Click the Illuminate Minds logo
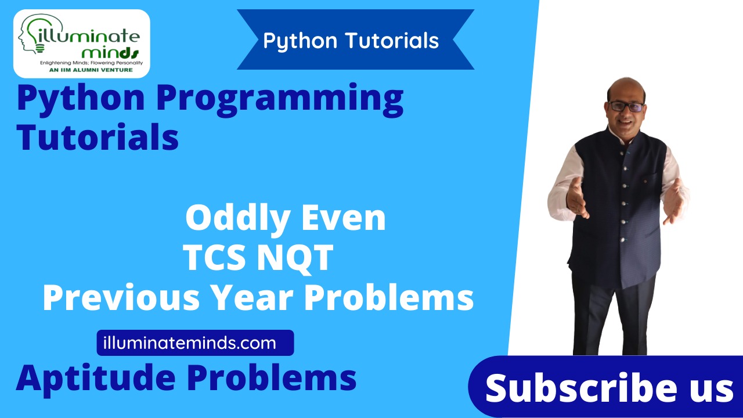(x=81, y=44)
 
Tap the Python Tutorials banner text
(x=351, y=41)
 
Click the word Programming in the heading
(x=280, y=99)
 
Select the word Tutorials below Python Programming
(x=98, y=138)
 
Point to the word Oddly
(x=239, y=219)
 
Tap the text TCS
(x=217, y=258)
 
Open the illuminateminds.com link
(x=195, y=343)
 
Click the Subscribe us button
(x=609, y=388)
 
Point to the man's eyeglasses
(x=626, y=106)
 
